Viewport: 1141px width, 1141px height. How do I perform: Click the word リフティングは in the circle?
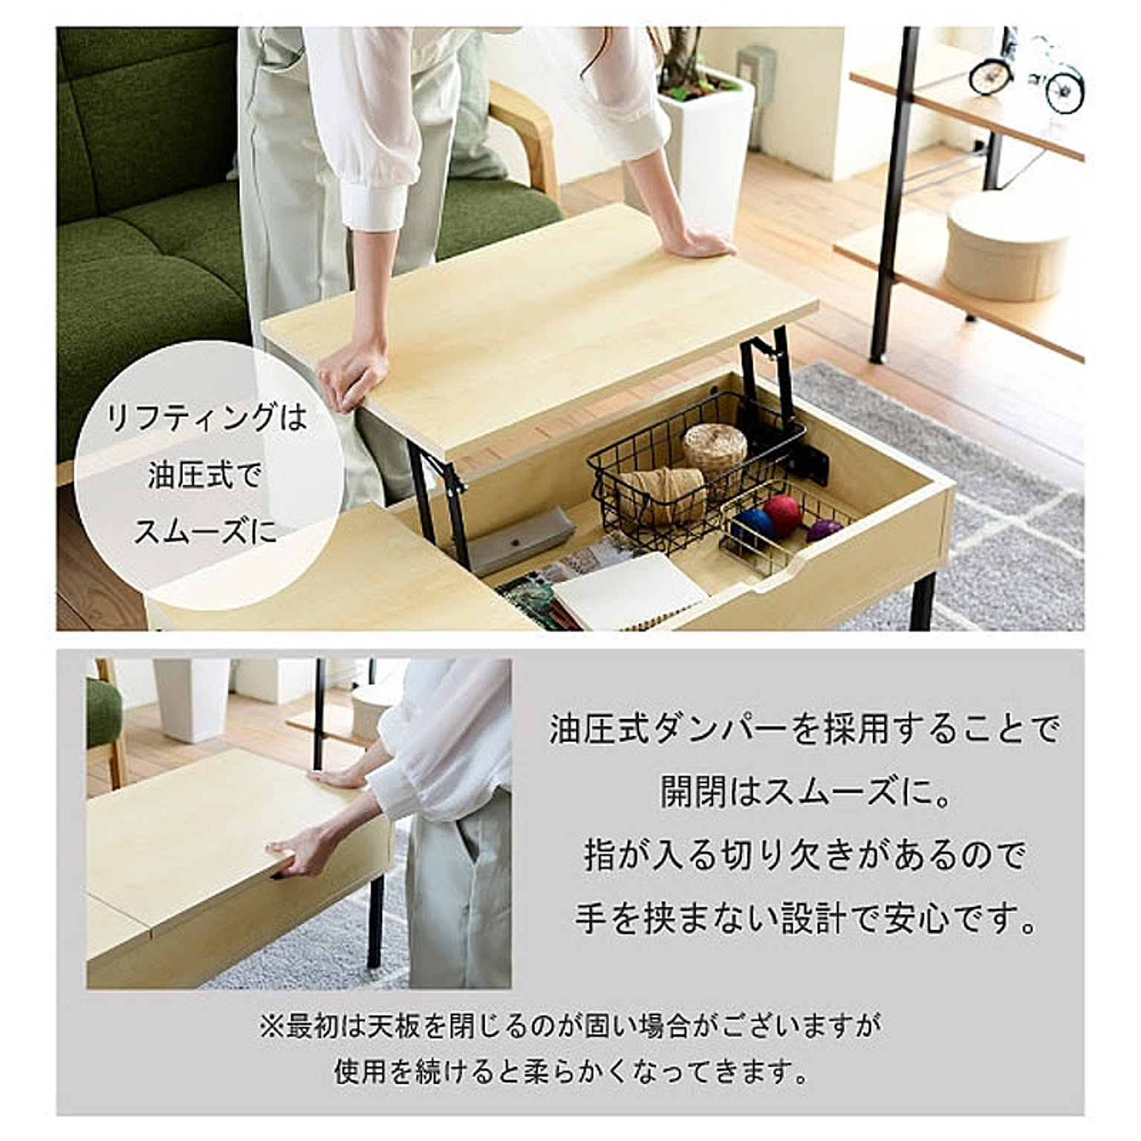click(x=207, y=418)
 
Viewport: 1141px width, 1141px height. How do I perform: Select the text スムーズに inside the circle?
click(x=206, y=533)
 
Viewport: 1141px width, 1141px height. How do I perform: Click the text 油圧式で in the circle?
click(x=205, y=475)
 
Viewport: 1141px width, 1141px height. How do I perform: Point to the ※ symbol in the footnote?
click(x=271, y=1027)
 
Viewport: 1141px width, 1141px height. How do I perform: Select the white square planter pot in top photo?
click(x=706, y=149)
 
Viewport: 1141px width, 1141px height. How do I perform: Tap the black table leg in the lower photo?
click(x=374, y=921)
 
